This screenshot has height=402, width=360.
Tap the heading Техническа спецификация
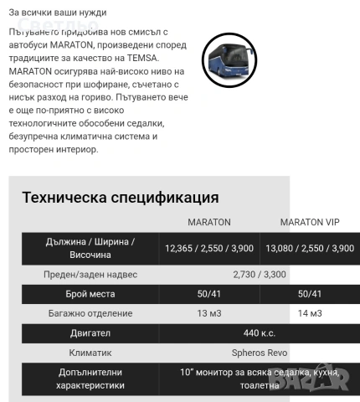click(x=120, y=198)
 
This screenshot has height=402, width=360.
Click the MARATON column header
click(x=208, y=223)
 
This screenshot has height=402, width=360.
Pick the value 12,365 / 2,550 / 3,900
click(x=208, y=249)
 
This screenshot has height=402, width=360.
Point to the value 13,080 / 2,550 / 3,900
click(x=309, y=249)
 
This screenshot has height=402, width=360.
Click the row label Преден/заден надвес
click(x=90, y=274)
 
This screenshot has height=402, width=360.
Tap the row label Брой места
click(x=90, y=294)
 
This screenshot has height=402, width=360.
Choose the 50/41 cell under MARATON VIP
click(x=309, y=294)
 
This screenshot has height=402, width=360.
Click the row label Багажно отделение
click(x=90, y=313)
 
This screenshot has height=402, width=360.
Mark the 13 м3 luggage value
click(x=208, y=313)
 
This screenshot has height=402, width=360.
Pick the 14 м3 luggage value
click(x=309, y=313)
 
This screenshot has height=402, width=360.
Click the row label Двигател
click(x=90, y=333)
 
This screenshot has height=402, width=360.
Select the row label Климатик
click(x=90, y=353)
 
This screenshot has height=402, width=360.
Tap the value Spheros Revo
click(x=260, y=353)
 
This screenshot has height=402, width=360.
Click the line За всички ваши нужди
click(x=58, y=13)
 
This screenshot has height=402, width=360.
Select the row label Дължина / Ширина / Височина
click(x=90, y=248)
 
